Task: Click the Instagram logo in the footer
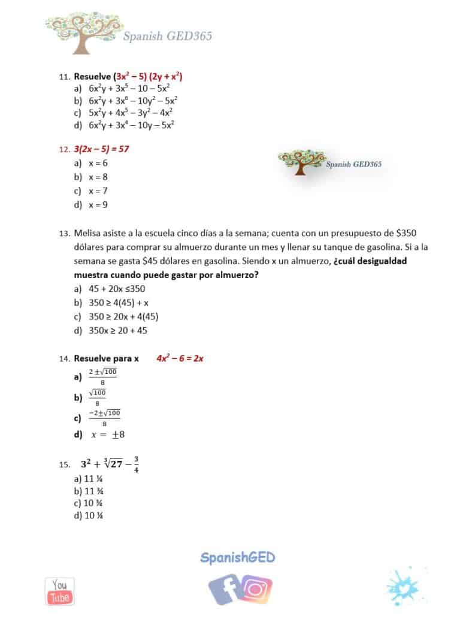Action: (256, 588)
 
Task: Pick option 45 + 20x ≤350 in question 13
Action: (117, 288)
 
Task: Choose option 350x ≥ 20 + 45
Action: (118, 330)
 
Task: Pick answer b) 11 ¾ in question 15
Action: (87, 491)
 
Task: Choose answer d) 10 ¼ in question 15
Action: (87, 515)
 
